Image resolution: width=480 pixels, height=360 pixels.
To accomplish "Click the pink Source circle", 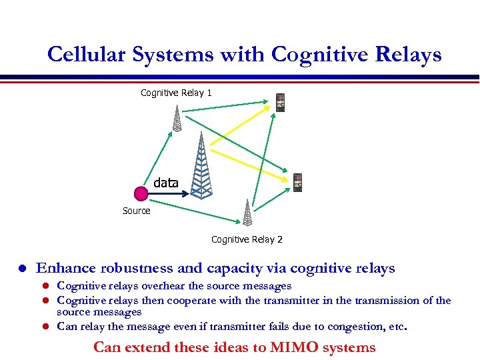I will pos(141,194).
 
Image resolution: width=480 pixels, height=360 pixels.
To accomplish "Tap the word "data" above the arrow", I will pos(166,182).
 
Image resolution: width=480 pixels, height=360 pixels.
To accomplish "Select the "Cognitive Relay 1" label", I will pos(176,93).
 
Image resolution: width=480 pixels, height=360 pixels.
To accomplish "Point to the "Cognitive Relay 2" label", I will pos(247,239).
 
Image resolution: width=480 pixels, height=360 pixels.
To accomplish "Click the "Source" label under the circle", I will pos(137,211).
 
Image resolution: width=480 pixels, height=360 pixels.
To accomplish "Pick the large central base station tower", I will pos(200,167).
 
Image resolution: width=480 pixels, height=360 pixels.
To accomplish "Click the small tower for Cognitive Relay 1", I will pos(177,118).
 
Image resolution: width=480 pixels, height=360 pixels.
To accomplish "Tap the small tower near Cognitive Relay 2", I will pos(247,213).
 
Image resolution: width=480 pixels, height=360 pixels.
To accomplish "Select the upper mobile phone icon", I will pos(281,103).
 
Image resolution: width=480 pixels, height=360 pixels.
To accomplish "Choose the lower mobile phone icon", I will pos(297,183).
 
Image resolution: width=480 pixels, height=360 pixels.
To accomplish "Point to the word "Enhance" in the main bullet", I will pos(65,269).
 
